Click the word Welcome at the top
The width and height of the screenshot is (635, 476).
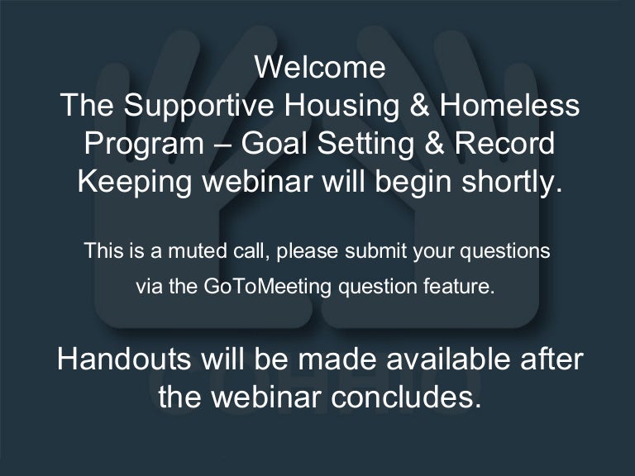pyautogui.click(x=320, y=67)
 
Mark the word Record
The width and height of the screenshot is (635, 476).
pyautogui.click(x=504, y=144)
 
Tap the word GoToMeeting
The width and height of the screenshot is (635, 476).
pyautogui.click(x=268, y=288)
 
